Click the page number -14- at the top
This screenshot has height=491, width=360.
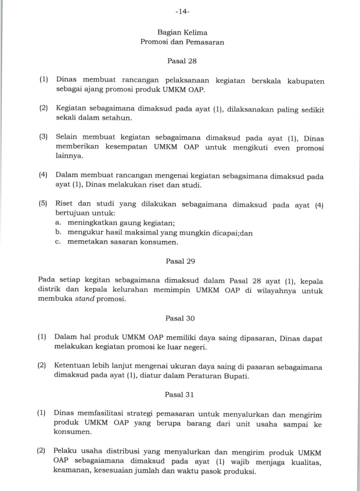[x=182, y=12]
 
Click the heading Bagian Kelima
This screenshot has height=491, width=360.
[x=182, y=33]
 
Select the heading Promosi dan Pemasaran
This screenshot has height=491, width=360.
[x=182, y=42]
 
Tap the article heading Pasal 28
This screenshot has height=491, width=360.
[x=182, y=61]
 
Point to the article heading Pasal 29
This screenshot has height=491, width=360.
[x=180, y=261]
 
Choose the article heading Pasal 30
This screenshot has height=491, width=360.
[x=180, y=318]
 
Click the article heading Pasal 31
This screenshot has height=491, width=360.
[x=179, y=395]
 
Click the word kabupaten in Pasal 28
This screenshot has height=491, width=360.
[x=306, y=81]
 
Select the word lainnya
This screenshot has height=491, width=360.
[x=69, y=156]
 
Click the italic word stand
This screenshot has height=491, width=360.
[x=85, y=299]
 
